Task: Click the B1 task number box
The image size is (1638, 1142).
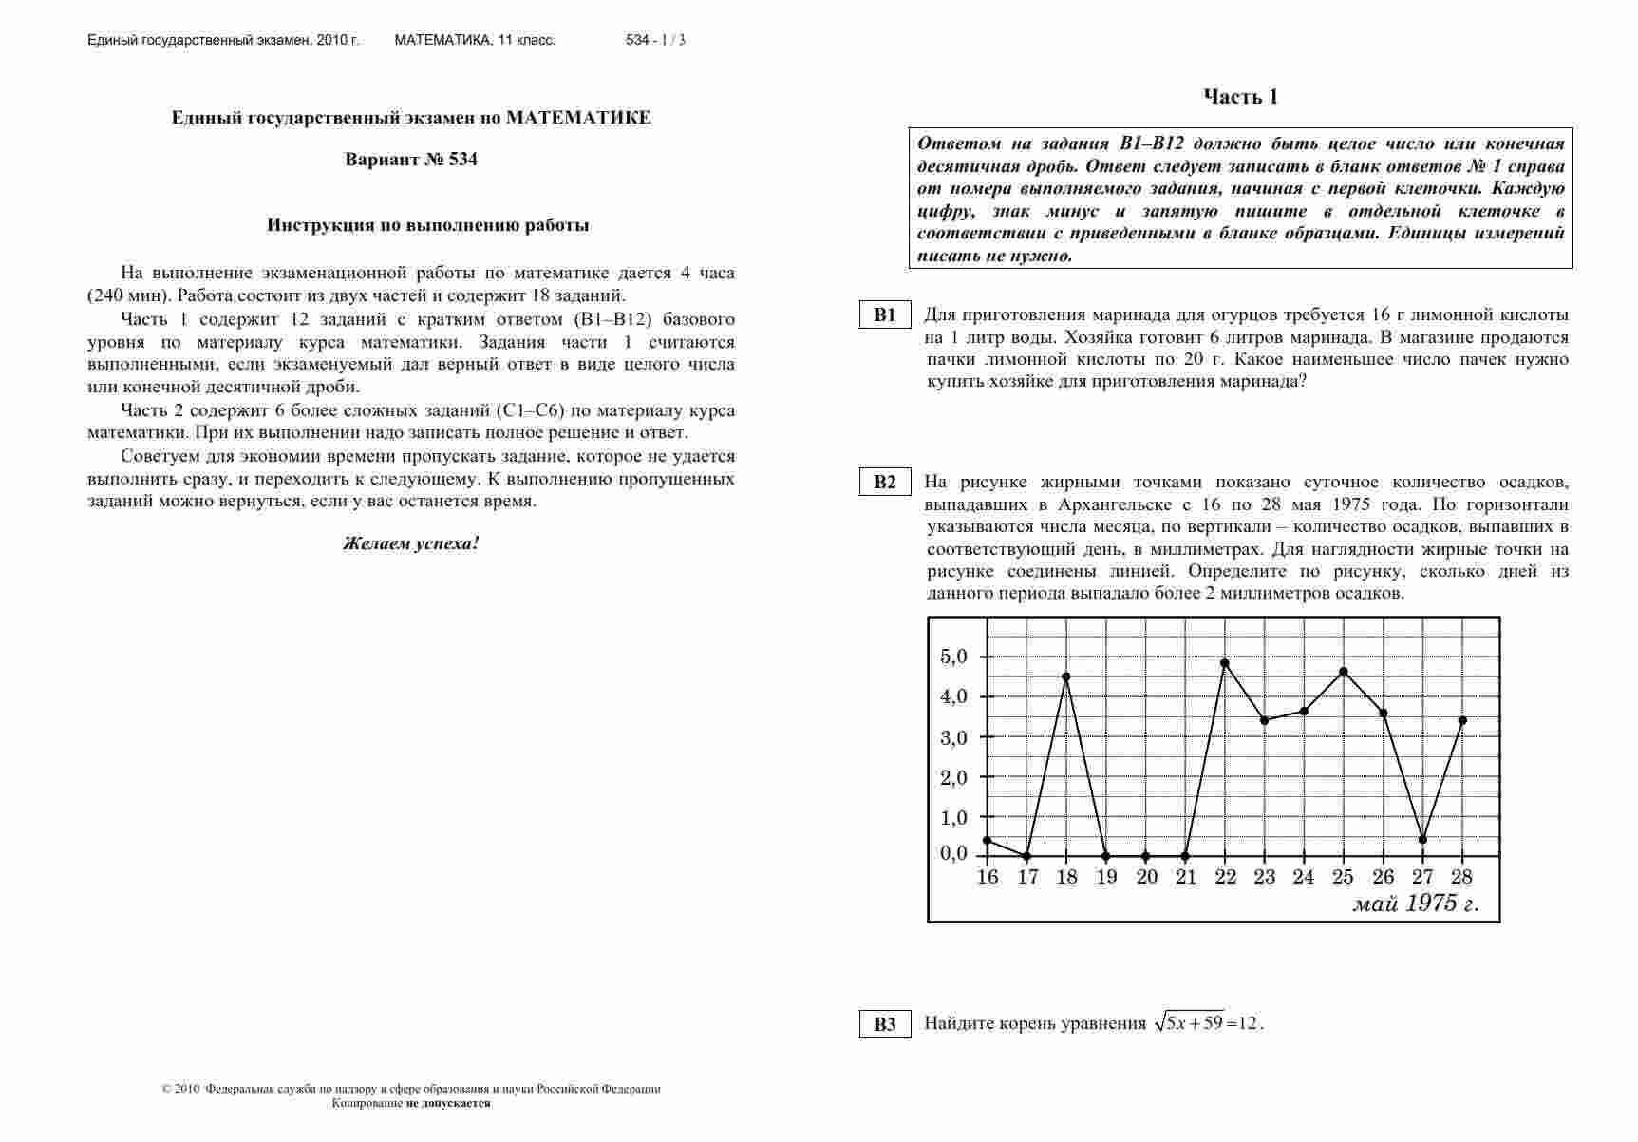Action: (x=885, y=315)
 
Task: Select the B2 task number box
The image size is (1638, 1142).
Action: (x=885, y=482)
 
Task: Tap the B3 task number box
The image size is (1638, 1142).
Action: (x=885, y=1023)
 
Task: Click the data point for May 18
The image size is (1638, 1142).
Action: (x=1066, y=676)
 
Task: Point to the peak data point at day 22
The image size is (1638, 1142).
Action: (x=1225, y=663)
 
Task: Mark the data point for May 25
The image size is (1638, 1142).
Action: (x=1344, y=672)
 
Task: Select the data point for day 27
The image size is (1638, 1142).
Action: (x=1422, y=840)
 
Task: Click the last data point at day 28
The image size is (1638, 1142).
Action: (x=1462, y=720)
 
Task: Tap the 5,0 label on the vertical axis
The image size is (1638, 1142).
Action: (x=953, y=657)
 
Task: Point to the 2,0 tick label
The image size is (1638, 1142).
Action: (x=953, y=777)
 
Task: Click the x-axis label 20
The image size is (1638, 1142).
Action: (x=1146, y=877)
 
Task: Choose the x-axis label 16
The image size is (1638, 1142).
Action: (x=988, y=877)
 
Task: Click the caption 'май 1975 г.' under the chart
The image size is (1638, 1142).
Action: (x=1415, y=904)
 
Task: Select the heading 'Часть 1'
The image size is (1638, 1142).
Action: (x=1240, y=97)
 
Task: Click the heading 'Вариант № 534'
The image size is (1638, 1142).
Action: (x=411, y=160)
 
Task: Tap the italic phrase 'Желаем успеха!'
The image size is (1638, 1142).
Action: (x=411, y=544)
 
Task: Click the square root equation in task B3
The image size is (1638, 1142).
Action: (x=1208, y=1023)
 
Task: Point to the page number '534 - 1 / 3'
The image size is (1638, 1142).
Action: (x=655, y=40)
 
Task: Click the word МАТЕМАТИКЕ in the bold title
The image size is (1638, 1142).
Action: (x=578, y=118)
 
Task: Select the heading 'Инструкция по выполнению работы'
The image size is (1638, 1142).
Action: (x=428, y=225)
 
